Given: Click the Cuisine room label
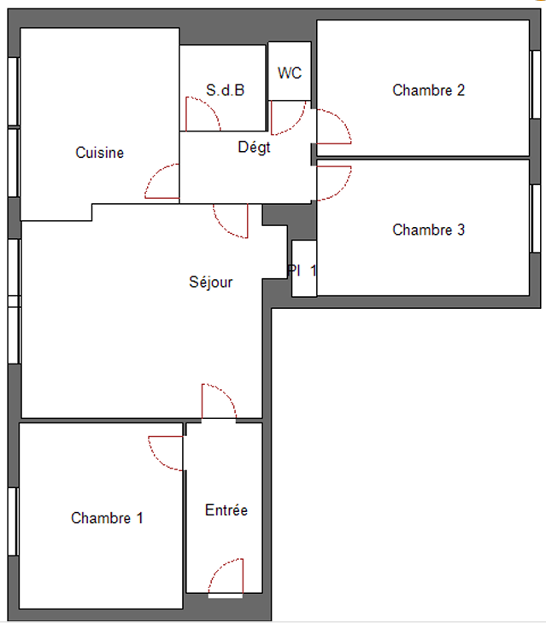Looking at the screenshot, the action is (x=100, y=153).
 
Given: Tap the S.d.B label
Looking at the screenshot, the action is (x=225, y=90).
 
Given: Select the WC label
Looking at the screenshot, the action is (x=290, y=73).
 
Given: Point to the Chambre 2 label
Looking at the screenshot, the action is (x=429, y=90).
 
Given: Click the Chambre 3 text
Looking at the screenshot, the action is (x=429, y=230).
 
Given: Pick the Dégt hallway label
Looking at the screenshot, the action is (x=254, y=148).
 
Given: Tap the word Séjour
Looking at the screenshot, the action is (x=211, y=282).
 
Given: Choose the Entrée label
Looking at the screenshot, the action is (x=226, y=510).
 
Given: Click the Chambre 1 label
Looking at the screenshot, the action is (x=107, y=518).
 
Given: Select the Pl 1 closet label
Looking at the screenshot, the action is (x=302, y=271).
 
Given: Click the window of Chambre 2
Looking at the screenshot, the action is (x=536, y=84).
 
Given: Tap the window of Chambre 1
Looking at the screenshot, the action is (x=13, y=521).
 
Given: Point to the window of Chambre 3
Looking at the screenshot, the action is (x=536, y=218).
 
